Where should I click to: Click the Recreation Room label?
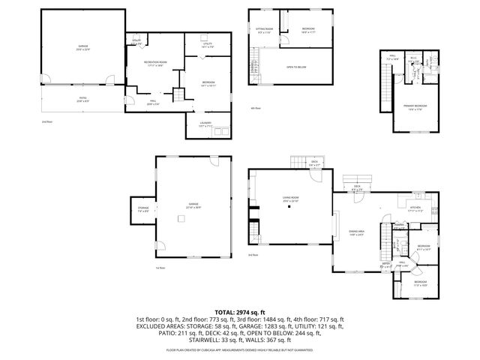click(x=157, y=63)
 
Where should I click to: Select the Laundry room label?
click(x=205, y=124)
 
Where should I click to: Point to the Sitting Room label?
click(x=264, y=31)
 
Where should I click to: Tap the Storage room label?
click(x=142, y=209)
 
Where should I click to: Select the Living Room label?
click(x=270, y=199)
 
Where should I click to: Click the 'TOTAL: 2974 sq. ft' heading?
click(x=239, y=312)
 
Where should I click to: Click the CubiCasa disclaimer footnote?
click(x=239, y=349)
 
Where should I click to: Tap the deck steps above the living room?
click(x=298, y=163)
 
